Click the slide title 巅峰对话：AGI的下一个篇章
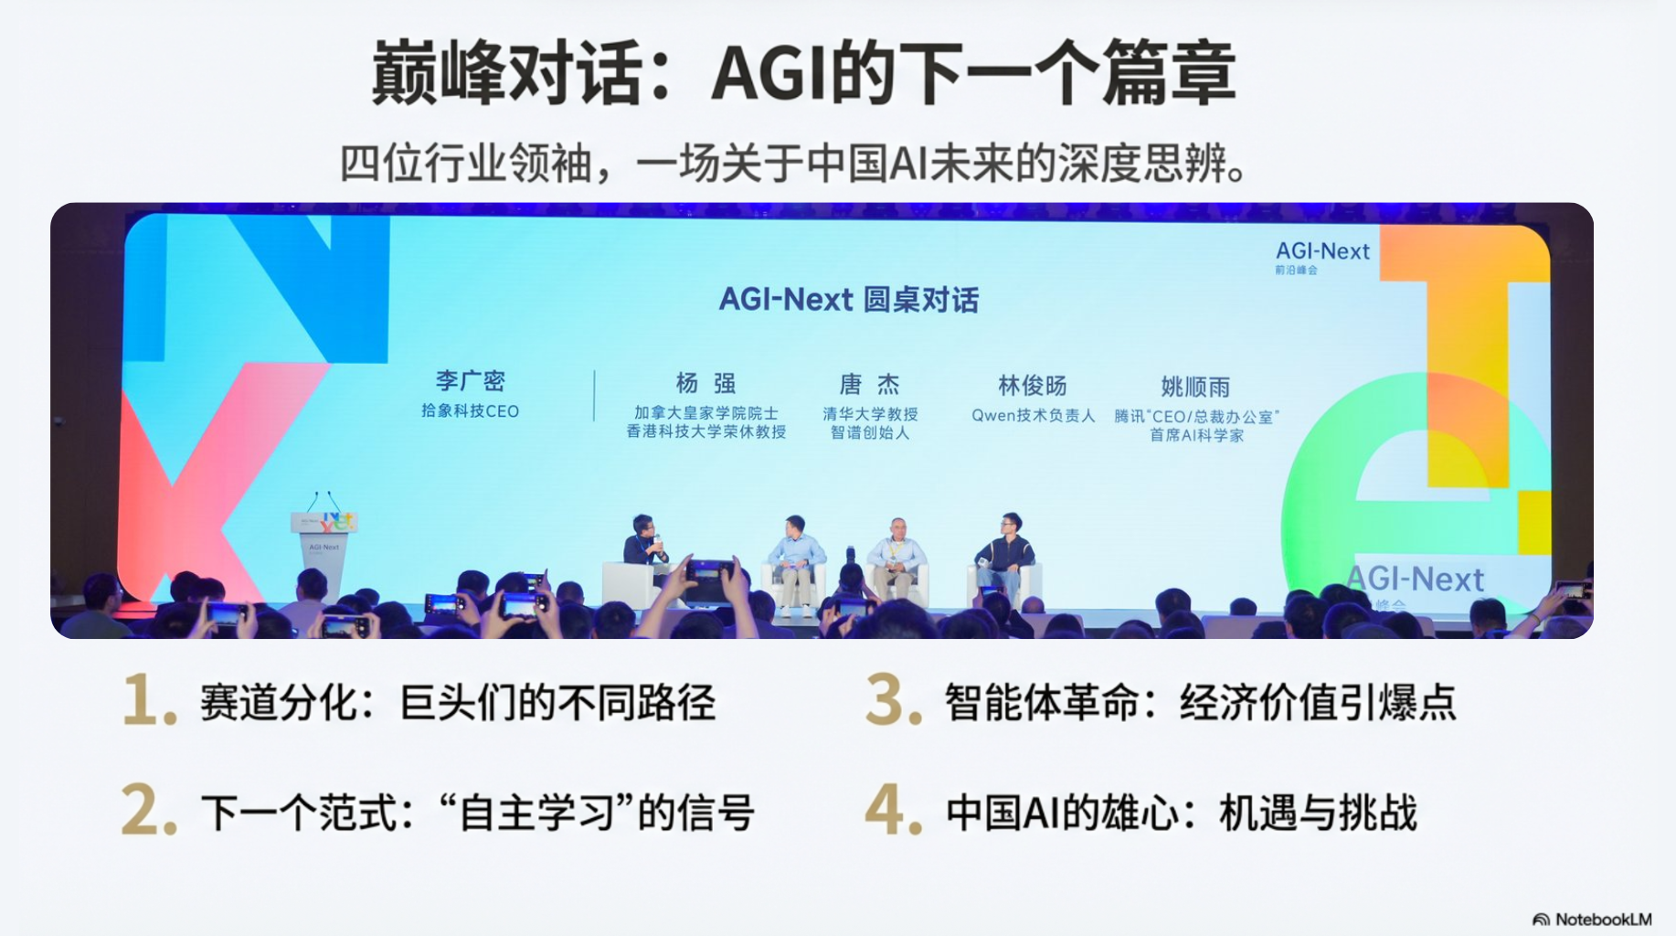click(x=803, y=73)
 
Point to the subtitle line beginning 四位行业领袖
click(x=793, y=164)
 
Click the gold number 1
click(x=149, y=700)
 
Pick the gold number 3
click(x=893, y=700)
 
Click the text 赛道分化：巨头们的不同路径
click(x=457, y=702)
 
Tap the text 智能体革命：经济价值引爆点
click(x=1200, y=702)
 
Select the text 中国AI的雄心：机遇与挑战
click(x=1181, y=812)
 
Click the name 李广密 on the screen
click(x=470, y=381)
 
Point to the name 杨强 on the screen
click(x=705, y=383)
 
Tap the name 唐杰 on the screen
click(x=869, y=384)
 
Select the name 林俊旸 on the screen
click(x=1033, y=386)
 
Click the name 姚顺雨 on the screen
click(x=1195, y=387)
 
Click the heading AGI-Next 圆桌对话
click(x=849, y=299)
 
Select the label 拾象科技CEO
click(x=470, y=411)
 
